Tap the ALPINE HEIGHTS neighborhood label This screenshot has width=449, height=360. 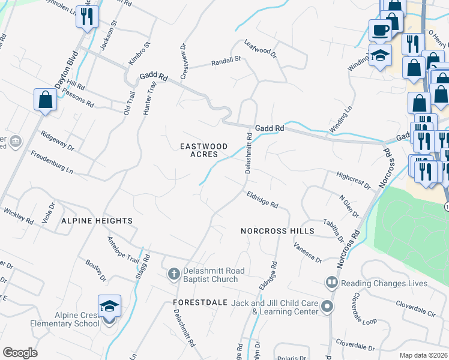(97, 221)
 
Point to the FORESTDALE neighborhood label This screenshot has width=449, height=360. (200, 302)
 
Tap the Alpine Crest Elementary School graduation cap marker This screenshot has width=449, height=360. (109, 307)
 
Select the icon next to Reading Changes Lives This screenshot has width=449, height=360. (331, 283)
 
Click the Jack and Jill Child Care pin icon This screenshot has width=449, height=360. (327, 307)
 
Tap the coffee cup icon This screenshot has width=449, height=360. (379, 29)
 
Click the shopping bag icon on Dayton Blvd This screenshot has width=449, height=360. (46, 100)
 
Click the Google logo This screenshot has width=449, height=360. (20, 353)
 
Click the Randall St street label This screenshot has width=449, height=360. (225, 61)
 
